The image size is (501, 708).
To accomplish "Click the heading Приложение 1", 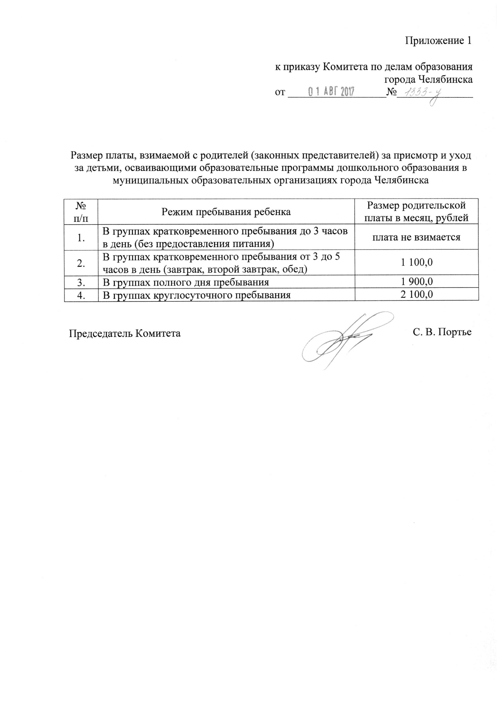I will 438,41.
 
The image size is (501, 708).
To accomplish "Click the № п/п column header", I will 81,212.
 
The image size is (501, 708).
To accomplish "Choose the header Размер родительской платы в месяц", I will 416,212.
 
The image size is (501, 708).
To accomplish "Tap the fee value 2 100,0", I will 416,294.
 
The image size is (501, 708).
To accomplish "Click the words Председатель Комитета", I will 125,334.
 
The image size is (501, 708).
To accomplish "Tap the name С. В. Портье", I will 442,332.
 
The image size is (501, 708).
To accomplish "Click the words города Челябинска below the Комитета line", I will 428,80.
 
